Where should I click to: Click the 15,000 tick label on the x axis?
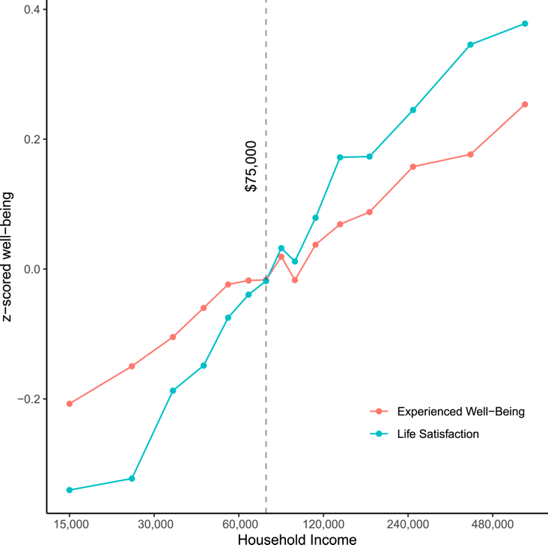pos(70,526)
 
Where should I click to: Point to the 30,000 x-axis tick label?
pos(154,526)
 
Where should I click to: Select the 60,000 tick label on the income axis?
pos(239,526)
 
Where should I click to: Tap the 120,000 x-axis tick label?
pos(323,526)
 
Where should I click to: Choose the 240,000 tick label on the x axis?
pos(407,526)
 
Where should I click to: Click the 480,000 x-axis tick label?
pos(492,526)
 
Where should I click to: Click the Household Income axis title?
pos(286,538)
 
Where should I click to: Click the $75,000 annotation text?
pos(252,166)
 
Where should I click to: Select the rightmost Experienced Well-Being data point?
pos(525,104)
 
